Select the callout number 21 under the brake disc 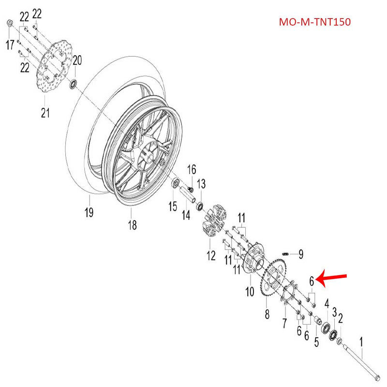[x=45, y=113]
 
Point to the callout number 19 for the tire [x=89, y=211]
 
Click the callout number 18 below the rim [x=132, y=224]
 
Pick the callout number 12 [x=211, y=255]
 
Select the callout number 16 [x=192, y=169]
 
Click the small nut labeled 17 [x=10, y=23]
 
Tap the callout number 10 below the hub [x=250, y=292]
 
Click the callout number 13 [x=201, y=184]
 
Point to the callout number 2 [x=341, y=318]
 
